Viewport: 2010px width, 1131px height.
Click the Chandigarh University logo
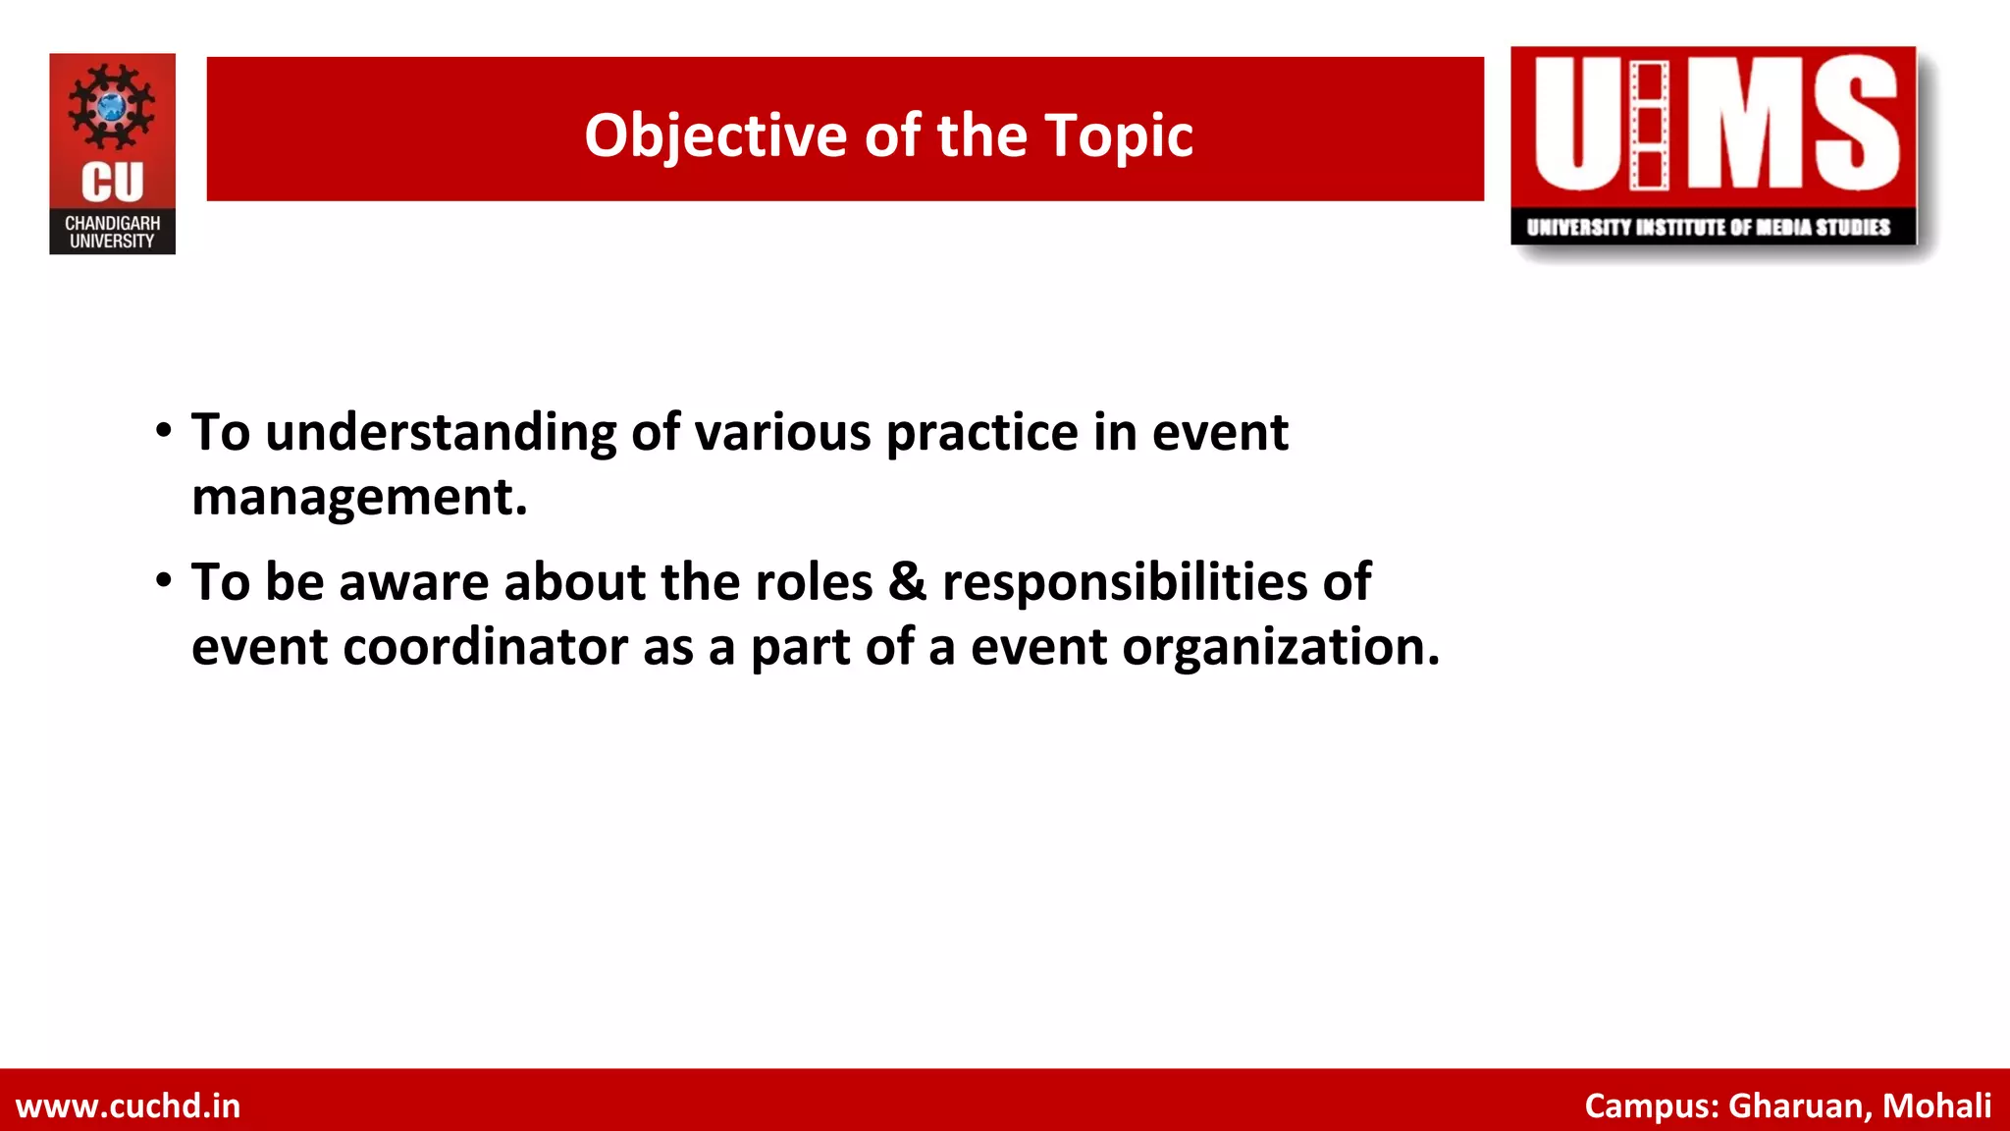[112, 154]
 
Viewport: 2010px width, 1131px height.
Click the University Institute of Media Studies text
[1708, 228]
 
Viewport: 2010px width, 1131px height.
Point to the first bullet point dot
[164, 431]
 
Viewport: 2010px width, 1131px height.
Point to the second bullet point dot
[164, 580]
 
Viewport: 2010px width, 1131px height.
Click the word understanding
[441, 433]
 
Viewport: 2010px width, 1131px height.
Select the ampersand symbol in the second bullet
[907, 581]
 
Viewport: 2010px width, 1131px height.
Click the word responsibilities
[1124, 582]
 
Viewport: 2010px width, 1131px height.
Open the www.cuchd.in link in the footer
[129, 1105]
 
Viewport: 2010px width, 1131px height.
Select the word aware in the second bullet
[413, 582]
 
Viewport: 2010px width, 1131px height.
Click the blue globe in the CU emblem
[112, 106]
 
